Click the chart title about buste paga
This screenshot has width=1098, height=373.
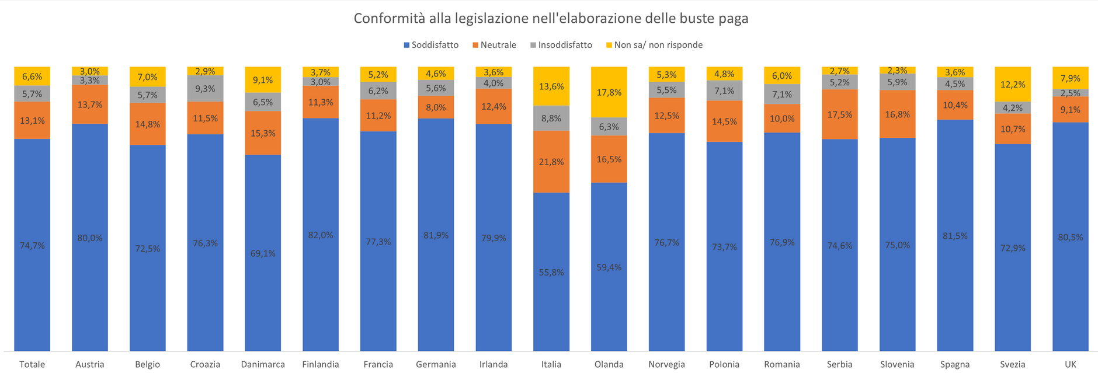click(x=551, y=19)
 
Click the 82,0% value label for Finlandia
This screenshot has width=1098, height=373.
click(x=320, y=235)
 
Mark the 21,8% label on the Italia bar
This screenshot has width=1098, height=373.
click(x=551, y=162)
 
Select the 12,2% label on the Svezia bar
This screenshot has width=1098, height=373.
click(x=1012, y=84)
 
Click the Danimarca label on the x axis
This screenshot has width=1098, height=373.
click(x=263, y=364)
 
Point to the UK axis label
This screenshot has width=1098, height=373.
click(x=1070, y=364)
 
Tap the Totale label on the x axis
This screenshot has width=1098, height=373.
click(x=32, y=364)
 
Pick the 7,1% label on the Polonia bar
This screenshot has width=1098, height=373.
click(x=724, y=90)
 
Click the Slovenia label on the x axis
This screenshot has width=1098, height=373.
click(x=897, y=364)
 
